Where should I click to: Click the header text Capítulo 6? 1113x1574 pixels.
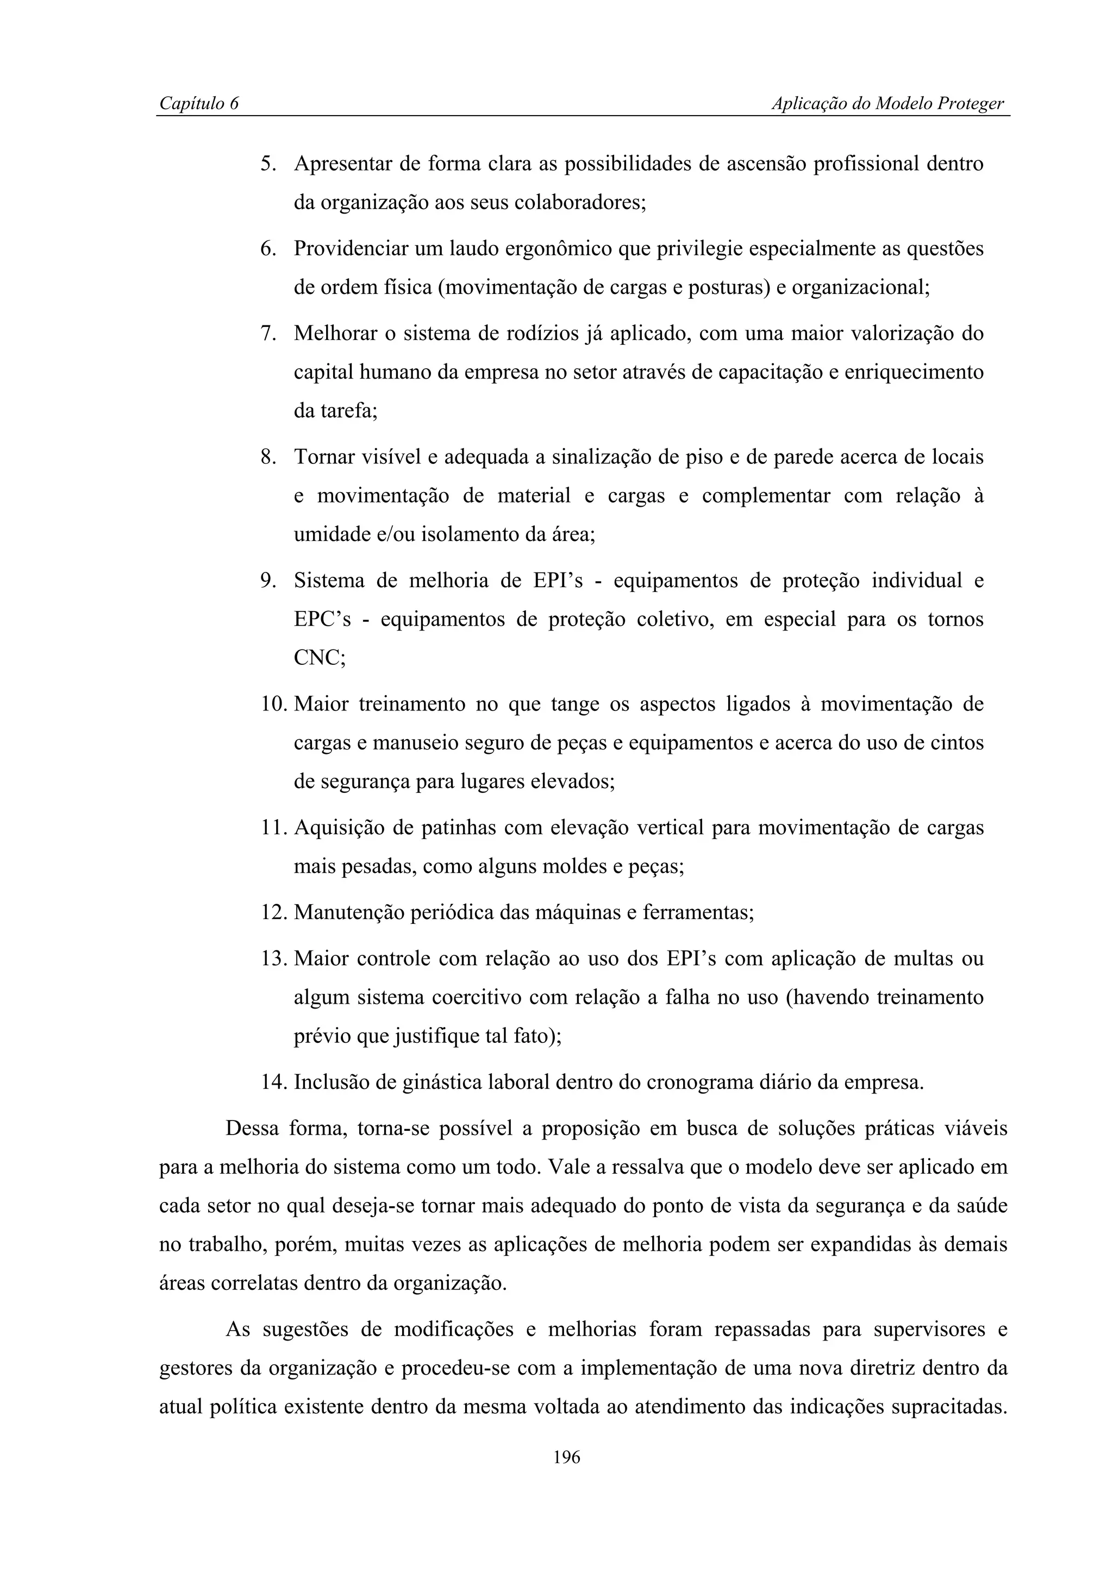point(199,104)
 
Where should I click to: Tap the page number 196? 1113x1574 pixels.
point(566,1457)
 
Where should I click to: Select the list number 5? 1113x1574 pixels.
point(267,165)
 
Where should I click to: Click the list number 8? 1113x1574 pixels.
point(267,457)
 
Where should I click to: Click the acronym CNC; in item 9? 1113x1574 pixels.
point(320,658)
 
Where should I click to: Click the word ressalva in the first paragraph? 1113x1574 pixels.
point(645,1167)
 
